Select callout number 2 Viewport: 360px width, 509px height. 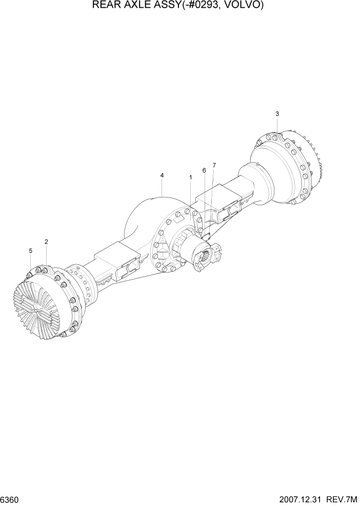coord(46,241)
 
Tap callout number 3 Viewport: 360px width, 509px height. coord(277,113)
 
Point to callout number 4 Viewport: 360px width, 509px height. coord(162,175)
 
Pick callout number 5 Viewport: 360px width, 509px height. coord(30,250)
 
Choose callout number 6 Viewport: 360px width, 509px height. coord(204,170)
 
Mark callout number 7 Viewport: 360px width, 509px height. coord(214,165)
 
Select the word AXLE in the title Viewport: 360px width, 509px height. coord(136,6)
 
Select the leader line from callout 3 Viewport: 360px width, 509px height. coord(277,126)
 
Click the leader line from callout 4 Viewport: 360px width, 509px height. coord(162,188)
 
